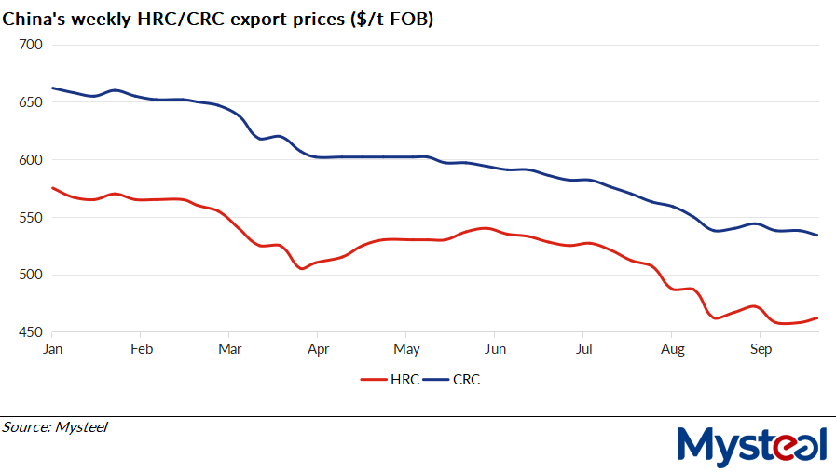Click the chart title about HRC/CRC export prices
tap(217, 17)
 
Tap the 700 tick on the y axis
tap(32, 45)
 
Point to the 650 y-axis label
tap(32, 102)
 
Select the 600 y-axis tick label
tap(32, 160)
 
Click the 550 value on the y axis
tap(32, 218)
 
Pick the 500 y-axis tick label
tap(32, 275)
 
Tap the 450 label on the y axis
tap(32, 332)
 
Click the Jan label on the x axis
tap(52, 349)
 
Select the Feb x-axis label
tap(141, 349)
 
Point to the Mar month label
tap(229, 349)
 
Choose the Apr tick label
tap(318, 349)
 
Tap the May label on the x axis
tap(406, 349)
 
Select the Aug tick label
tap(672, 349)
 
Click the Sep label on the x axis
tap(761, 349)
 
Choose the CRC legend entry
tap(454, 380)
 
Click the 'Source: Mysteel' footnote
tap(55, 427)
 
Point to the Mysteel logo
tap(751, 446)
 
